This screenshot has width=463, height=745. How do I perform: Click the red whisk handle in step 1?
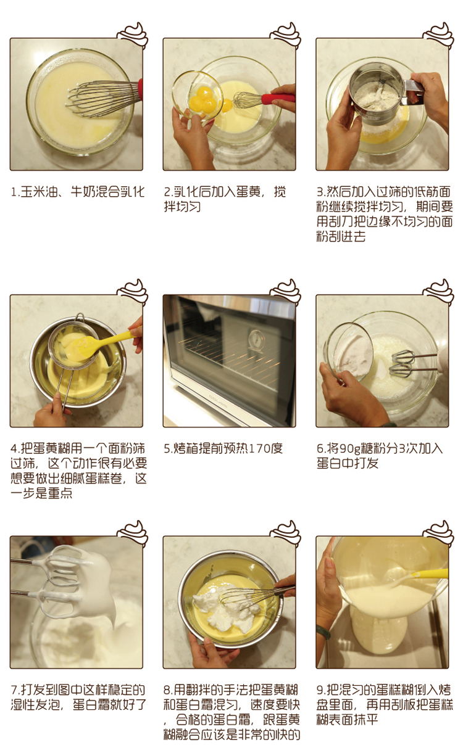click(x=141, y=90)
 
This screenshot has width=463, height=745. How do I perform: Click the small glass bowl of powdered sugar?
click(x=349, y=353)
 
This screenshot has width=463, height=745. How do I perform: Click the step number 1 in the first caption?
click(x=14, y=192)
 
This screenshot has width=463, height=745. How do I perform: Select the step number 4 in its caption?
click(x=14, y=448)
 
